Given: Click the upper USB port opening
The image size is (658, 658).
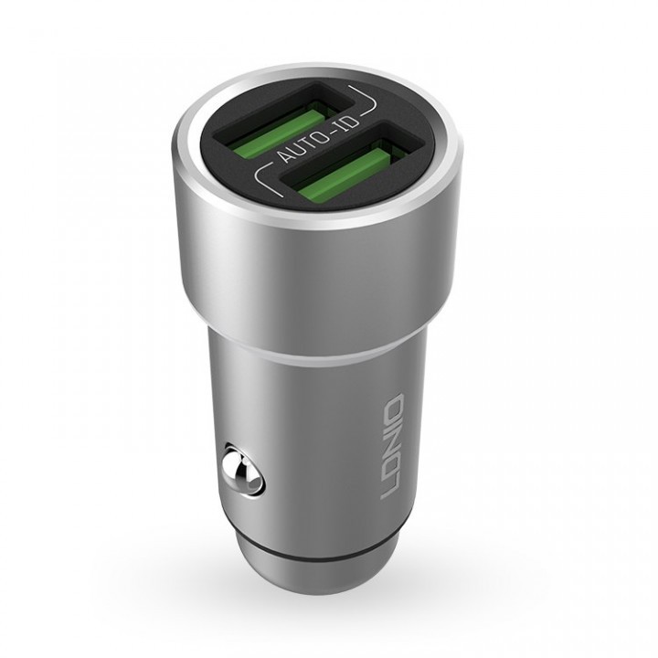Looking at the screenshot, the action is (285, 122).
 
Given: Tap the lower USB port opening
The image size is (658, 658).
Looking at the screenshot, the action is (352, 161).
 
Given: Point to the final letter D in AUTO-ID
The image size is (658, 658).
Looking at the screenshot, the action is (355, 122).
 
